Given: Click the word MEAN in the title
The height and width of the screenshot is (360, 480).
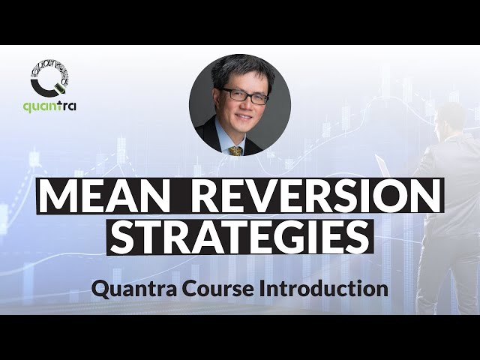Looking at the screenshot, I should pyautogui.click(x=105, y=197).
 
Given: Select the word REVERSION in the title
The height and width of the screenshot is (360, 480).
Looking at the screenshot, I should pyautogui.click(x=316, y=197).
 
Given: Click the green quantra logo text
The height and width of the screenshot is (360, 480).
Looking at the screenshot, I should pyautogui.click(x=49, y=106).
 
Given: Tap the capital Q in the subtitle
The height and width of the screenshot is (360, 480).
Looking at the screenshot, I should pyautogui.click(x=100, y=288).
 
